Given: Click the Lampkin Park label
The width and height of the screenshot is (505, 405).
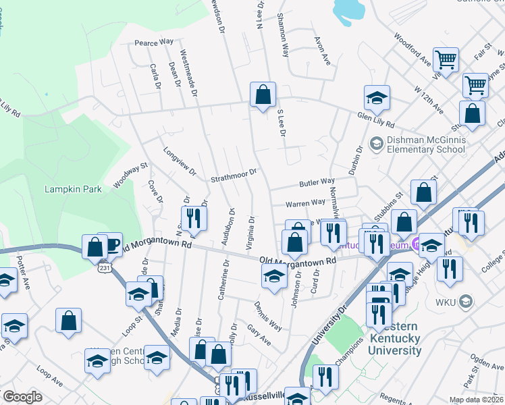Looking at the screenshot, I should point(73,189).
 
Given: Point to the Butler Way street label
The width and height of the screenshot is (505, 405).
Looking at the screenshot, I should point(317,182).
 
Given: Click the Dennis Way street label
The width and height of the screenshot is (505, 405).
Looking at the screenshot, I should point(268,316).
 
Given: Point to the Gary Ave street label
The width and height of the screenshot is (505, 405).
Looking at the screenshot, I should point(259,335).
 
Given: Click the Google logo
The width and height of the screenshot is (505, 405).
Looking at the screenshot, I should point(22,397).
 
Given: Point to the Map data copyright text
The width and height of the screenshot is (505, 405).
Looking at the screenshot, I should point(476,400).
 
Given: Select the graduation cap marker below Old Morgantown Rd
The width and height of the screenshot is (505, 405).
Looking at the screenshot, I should point(273,276).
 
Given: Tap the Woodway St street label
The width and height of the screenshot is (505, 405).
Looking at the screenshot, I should point(130,175).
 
